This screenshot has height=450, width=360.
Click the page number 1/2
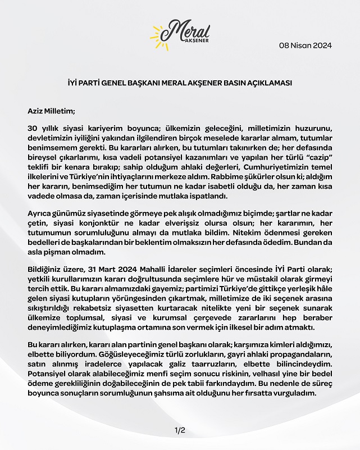coord(180,430)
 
